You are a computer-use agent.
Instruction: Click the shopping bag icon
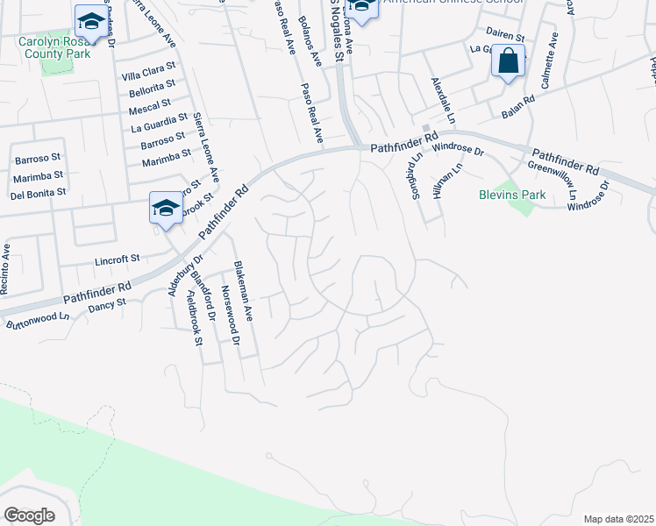(508, 61)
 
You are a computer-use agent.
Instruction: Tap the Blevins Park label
(513, 195)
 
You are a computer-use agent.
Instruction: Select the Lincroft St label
(118, 259)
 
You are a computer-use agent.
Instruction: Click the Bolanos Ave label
(310, 40)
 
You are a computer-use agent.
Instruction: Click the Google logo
(30, 515)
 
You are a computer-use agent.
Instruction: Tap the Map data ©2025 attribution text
(618, 519)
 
